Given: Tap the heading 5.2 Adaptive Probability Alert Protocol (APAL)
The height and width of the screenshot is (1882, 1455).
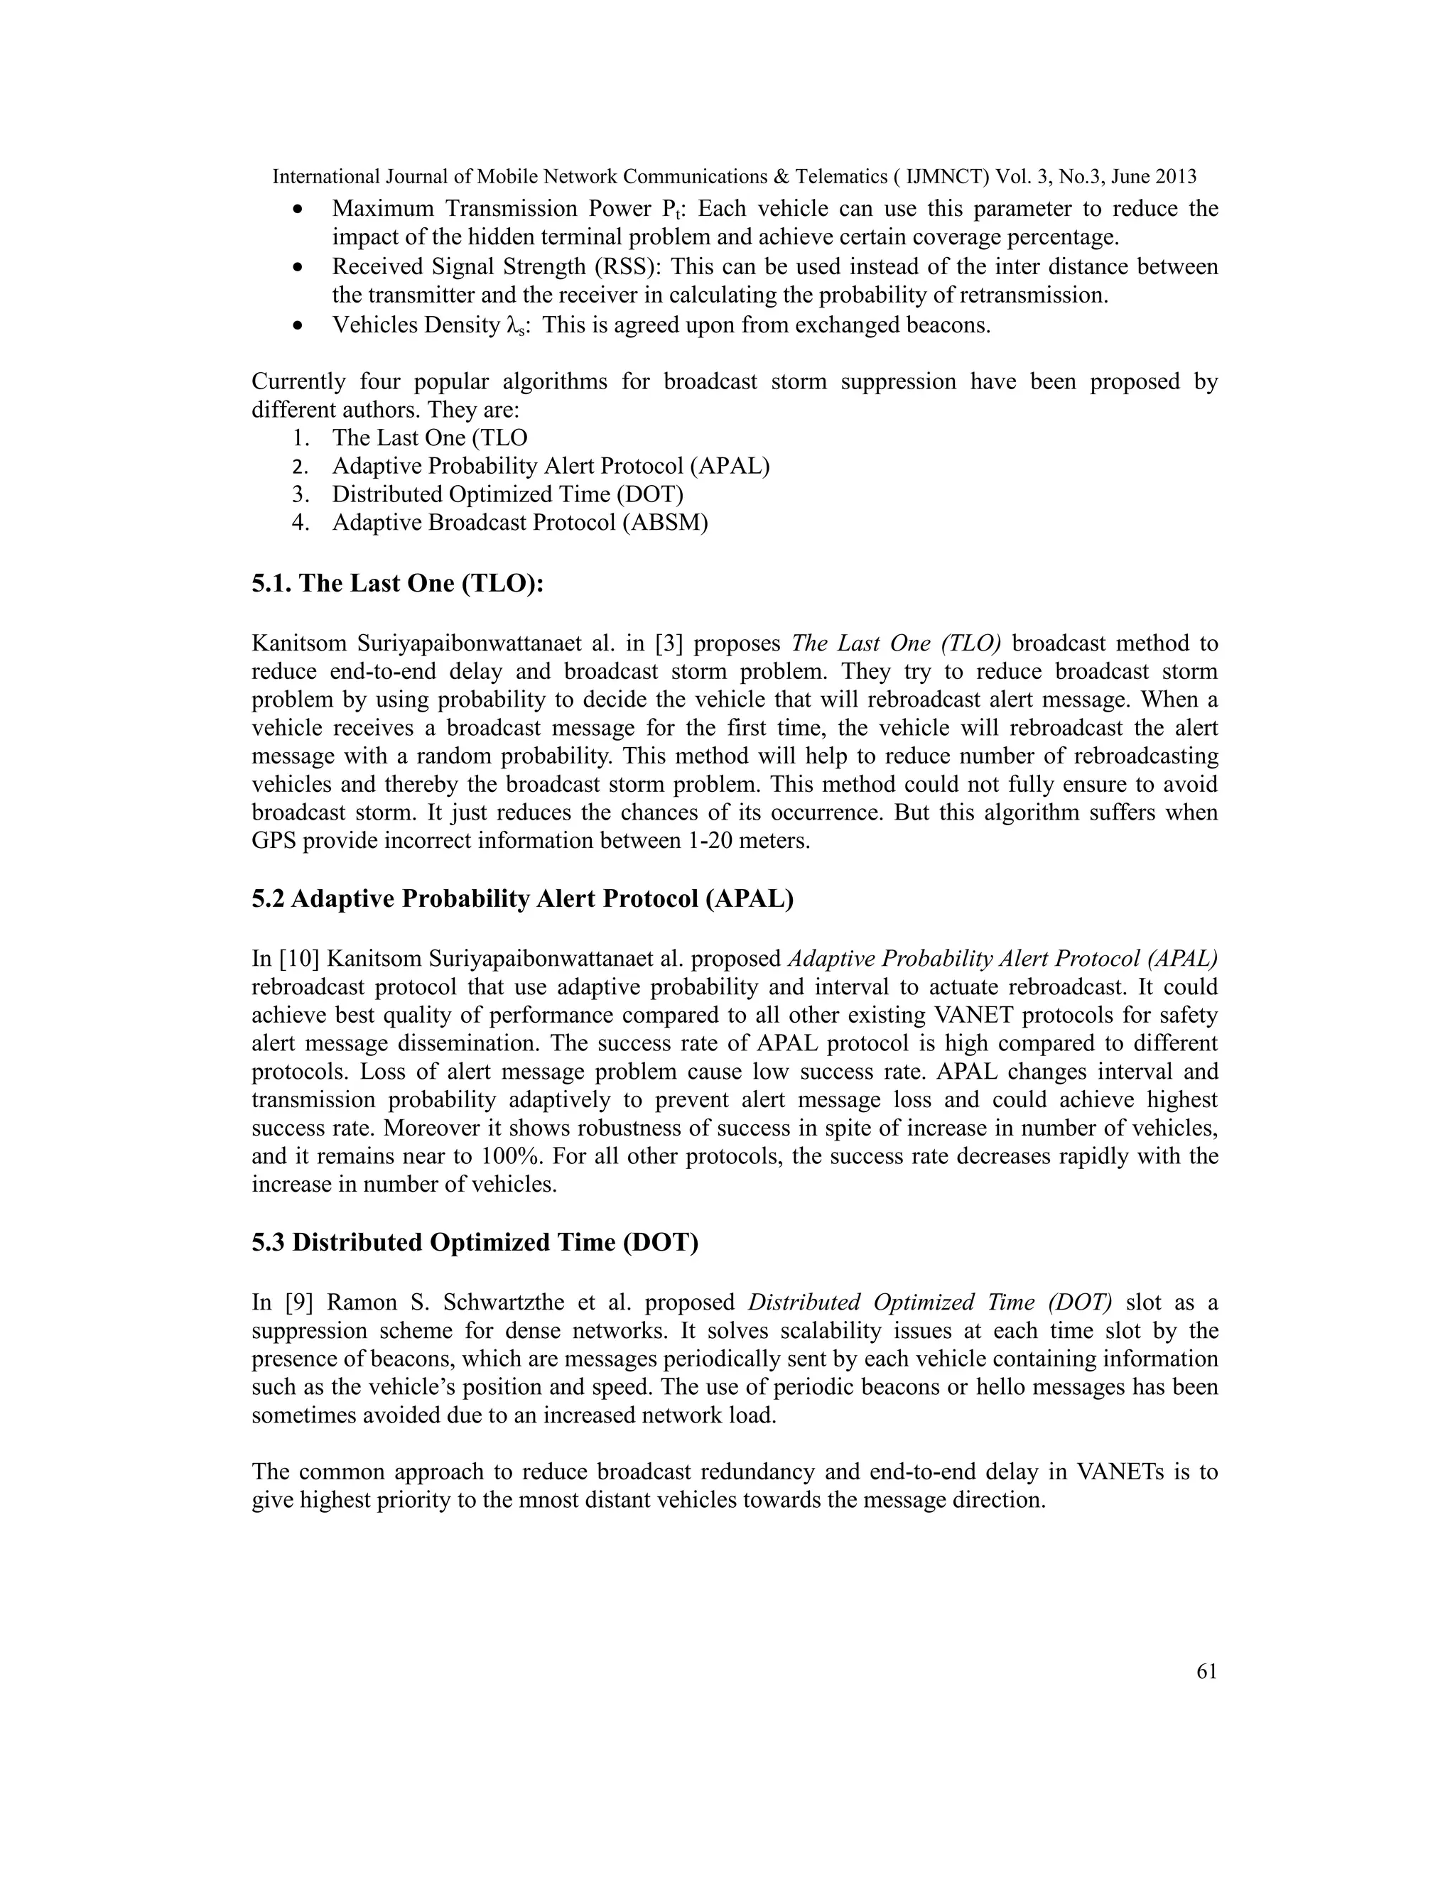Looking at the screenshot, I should tap(522, 899).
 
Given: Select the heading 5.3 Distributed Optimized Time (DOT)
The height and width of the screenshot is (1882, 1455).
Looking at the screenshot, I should tap(475, 1243).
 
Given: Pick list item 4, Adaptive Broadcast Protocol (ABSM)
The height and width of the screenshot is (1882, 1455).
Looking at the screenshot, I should tap(520, 523).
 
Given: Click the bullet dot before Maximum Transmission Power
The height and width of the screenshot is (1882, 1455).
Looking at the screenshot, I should tap(298, 210).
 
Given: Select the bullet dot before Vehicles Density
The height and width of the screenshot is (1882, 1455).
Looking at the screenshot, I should tap(298, 327).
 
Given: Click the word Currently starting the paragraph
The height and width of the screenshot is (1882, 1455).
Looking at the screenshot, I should tap(298, 382).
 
